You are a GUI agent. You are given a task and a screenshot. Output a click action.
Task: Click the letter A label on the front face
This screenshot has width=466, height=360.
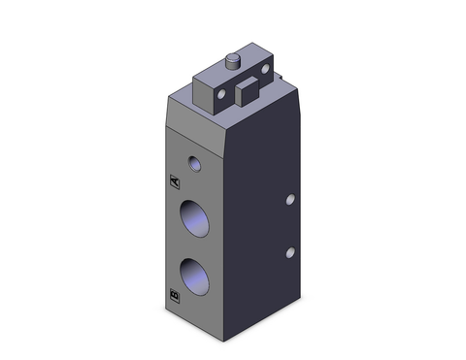point(175,180)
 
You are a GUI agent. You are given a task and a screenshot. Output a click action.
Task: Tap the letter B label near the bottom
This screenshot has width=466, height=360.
point(175,293)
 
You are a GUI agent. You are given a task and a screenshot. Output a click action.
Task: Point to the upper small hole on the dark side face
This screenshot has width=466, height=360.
point(288,201)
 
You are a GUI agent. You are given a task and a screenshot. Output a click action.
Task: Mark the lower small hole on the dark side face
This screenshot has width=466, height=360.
point(288,253)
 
